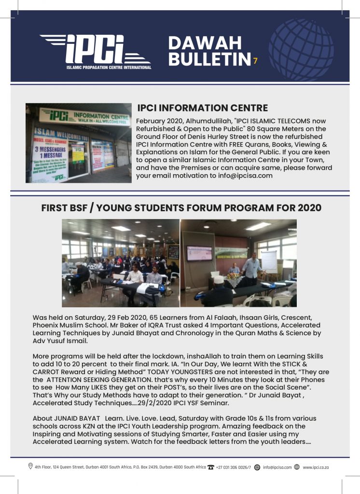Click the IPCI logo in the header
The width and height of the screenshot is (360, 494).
96,51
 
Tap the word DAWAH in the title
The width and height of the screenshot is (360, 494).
205,43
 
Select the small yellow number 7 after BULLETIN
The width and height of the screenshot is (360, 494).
255,61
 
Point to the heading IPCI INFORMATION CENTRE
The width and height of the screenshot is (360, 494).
202,108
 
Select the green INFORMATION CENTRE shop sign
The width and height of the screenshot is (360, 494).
84,116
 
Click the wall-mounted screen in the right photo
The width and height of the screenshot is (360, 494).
199,253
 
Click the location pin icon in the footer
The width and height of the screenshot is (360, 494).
30,467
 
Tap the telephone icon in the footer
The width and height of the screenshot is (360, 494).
210,467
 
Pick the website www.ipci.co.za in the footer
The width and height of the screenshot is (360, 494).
316,467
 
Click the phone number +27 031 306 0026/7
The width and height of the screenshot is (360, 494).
234,467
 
